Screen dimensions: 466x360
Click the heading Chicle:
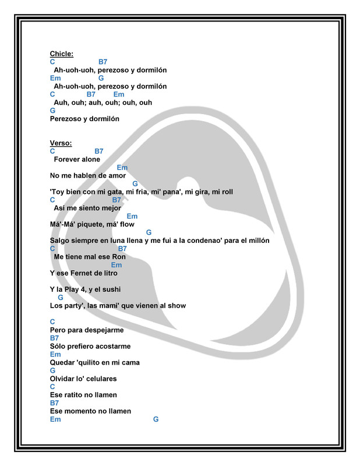tap(62, 54)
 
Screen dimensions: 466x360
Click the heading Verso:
tap(61, 143)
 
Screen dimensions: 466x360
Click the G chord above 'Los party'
tap(61, 297)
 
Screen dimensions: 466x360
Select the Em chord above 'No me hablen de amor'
tap(122, 168)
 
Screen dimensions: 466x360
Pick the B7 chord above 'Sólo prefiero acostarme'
tap(54, 338)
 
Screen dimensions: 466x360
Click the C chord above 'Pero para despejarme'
tap(53, 322)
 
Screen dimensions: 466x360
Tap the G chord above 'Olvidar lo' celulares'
tap(53, 370)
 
